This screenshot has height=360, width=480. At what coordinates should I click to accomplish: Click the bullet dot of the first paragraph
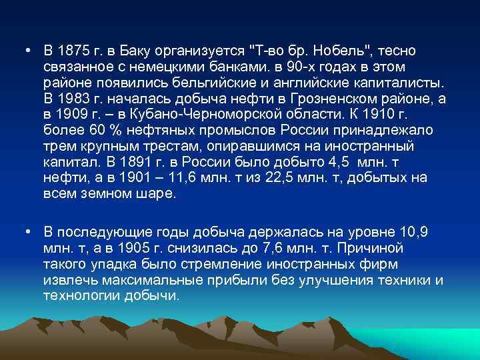(24, 51)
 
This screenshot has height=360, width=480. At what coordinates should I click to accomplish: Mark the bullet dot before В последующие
(24, 231)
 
